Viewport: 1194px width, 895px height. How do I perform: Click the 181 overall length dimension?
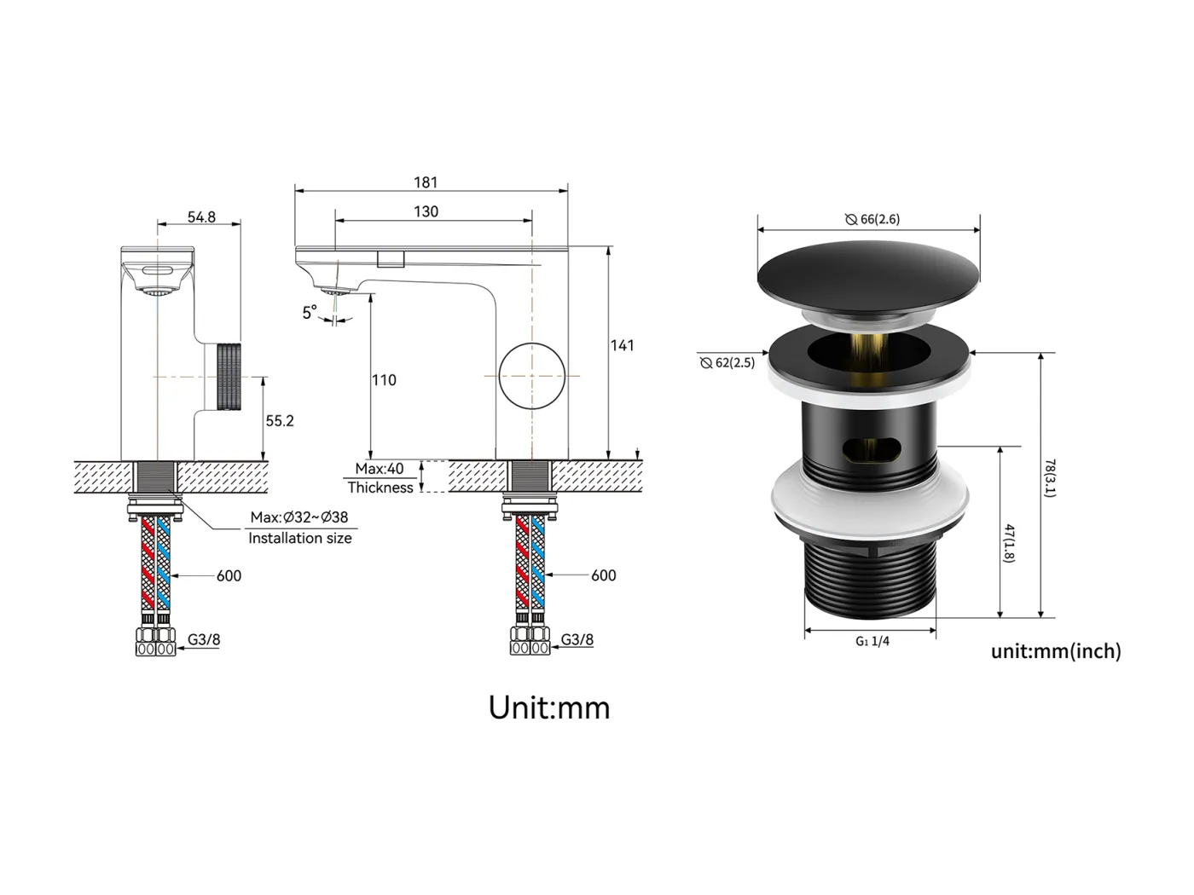pos(426,182)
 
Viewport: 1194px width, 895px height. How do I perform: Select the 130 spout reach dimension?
pos(426,211)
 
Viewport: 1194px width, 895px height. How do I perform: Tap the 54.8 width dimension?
pos(201,217)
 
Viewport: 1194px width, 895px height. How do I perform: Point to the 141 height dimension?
pos(623,345)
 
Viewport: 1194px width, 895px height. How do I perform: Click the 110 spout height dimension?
pos(384,380)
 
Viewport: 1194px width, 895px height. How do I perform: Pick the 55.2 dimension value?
pos(280,421)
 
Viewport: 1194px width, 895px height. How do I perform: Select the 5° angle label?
pos(310,313)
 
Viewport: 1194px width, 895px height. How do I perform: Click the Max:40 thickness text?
pos(380,469)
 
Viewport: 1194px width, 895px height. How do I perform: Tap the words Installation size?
pos(299,538)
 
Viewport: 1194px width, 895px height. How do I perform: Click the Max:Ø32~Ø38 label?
pos(299,517)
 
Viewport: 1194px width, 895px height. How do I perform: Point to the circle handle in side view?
pos(532,376)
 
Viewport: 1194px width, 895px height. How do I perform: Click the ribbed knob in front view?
pos(229,376)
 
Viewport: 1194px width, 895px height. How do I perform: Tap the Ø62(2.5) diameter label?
pos(727,363)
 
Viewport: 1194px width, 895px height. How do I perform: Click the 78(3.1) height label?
pos(1050,479)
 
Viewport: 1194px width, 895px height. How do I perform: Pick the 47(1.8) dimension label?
pos(1008,543)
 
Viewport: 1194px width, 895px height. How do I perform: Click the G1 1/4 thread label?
pos(872,641)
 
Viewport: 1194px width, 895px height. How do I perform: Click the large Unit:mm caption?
pos(549,708)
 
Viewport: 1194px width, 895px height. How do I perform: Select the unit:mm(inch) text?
pos(1056,651)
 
